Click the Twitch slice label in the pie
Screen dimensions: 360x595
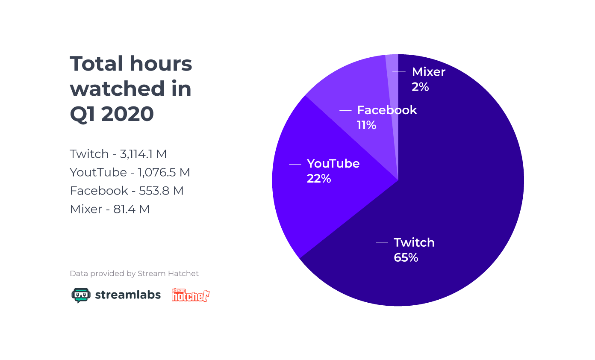pyautogui.click(x=414, y=242)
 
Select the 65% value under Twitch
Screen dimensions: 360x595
pyautogui.click(x=406, y=258)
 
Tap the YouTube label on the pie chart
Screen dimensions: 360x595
pyautogui.click(x=333, y=164)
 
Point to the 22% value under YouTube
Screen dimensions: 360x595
pyautogui.click(x=319, y=179)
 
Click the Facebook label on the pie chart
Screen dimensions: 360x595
pyautogui.click(x=387, y=110)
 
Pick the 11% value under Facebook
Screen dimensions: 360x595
pyautogui.click(x=366, y=125)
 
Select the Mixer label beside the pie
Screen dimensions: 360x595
pyautogui.click(x=428, y=72)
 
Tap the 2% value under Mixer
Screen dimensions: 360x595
pyautogui.click(x=420, y=87)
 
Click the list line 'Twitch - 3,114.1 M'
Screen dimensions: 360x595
pyautogui.click(x=118, y=154)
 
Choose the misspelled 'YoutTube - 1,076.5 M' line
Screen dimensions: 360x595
pyautogui.click(x=130, y=172)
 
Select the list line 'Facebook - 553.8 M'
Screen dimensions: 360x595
pyautogui.click(x=127, y=191)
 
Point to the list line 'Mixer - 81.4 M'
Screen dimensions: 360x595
pyautogui.click(x=109, y=209)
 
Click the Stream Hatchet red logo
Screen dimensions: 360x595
pyautogui.click(x=190, y=295)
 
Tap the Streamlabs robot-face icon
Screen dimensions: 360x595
pyautogui.click(x=81, y=295)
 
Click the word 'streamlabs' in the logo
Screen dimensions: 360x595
pyautogui.click(x=128, y=295)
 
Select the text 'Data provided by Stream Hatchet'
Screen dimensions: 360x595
pyautogui.click(x=134, y=274)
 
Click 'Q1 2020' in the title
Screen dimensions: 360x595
pyautogui.click(x=112, y=114)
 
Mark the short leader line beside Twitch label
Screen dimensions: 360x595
pyautogui.click(x=382, y=243)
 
